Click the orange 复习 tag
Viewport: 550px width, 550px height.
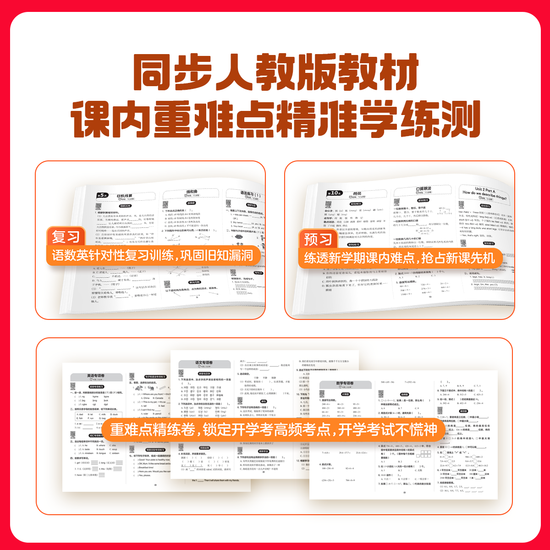point(66,237)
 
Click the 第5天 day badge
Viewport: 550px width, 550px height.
point(102,196)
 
